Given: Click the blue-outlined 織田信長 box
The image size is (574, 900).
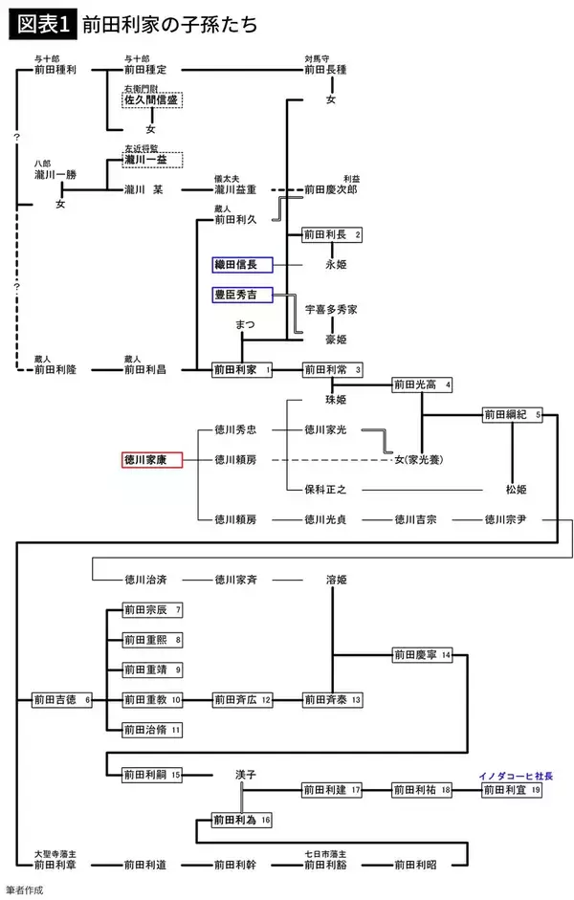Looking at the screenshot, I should [x=242, y=264].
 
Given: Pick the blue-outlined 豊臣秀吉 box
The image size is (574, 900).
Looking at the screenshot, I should [x=242, y=295].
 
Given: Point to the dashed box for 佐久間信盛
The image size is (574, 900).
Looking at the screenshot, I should [x=151, y=99].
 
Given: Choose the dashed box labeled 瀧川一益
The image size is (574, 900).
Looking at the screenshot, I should [x=151, y=159].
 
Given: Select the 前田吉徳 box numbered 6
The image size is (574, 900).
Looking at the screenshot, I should [x=61, y=700].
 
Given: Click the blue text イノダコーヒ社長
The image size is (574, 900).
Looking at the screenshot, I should [x=516, y=776].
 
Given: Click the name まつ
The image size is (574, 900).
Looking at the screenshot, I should [x=244, y=325].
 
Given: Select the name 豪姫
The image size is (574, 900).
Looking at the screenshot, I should [x=331, y=340].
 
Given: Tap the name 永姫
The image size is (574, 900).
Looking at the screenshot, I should [x=331, y=264].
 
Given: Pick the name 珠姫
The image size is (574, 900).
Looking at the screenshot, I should [x=331, y=399].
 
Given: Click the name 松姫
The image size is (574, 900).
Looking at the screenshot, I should [x=516, y=489].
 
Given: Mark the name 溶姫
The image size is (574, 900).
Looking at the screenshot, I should [x=331, y=580].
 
